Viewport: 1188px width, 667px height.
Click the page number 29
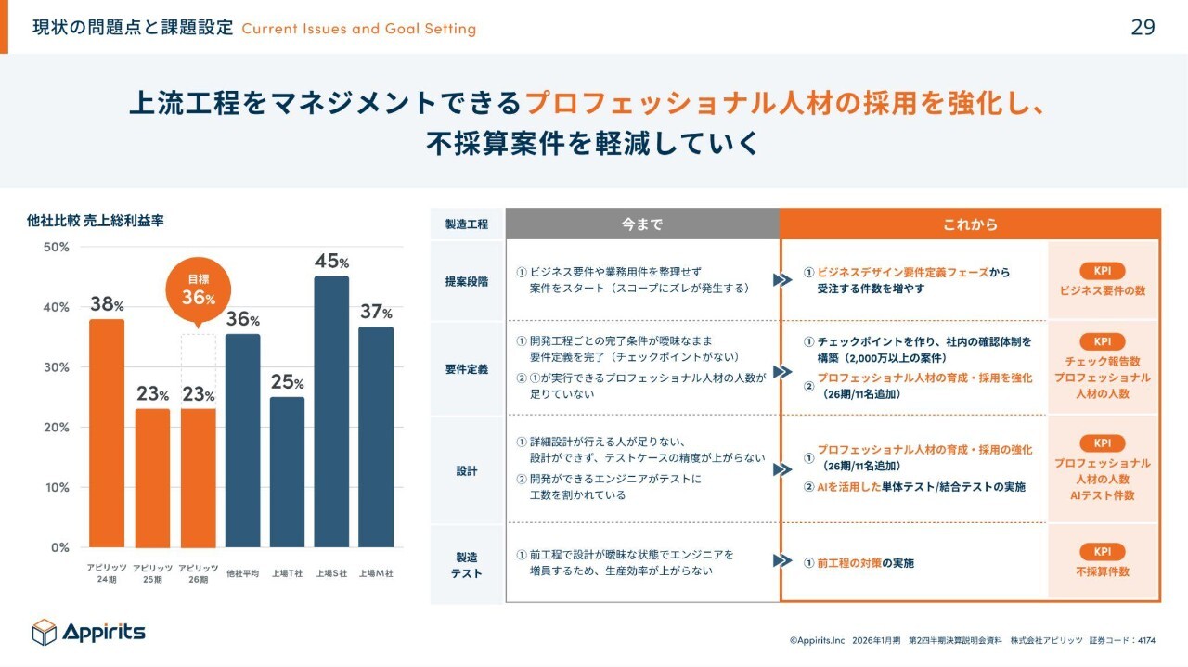point(1143,27)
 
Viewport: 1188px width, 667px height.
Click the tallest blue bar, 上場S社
point(331,412)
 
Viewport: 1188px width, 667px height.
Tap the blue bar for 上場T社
point(287,472)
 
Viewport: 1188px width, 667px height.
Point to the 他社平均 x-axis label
point(242,573)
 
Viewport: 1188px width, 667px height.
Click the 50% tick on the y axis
point(57,248)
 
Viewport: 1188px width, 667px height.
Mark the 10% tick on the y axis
point(57,488)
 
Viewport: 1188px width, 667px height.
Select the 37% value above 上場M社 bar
point(376,313)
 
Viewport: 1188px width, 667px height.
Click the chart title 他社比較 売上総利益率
point(96,221)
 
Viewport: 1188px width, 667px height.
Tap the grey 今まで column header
point(642,224)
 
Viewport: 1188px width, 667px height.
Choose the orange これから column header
point(970,224)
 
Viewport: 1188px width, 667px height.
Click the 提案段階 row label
point(467,280)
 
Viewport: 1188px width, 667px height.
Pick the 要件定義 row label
point(467,369)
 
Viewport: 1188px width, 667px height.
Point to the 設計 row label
point(467,470)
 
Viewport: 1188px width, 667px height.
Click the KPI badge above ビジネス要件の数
point(1103,272)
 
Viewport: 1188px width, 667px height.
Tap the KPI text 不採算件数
point(1103,571)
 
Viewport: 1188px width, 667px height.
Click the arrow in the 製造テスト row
point(781,561)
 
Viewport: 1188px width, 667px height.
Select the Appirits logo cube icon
point(45,632)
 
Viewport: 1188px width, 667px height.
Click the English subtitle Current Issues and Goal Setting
point(358,29)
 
